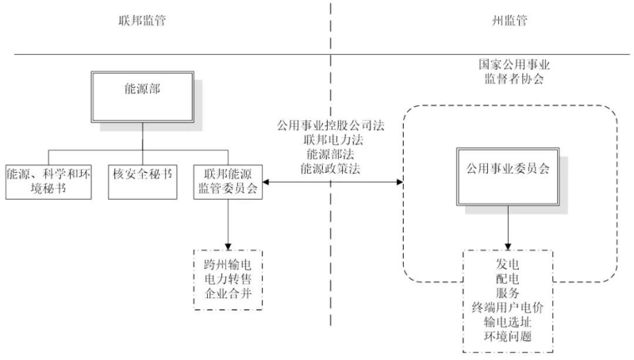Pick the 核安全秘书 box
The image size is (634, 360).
142,172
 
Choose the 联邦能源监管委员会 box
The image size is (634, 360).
229,180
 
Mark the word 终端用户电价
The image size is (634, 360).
508,305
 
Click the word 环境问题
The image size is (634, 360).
508,336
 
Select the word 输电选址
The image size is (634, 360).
508,321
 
